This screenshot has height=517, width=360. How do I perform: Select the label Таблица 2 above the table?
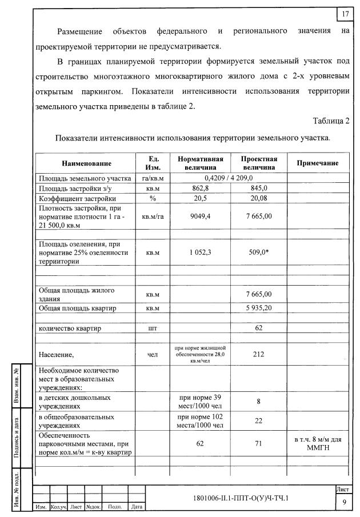pos(330,121)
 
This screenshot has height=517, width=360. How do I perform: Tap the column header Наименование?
pos(87,163)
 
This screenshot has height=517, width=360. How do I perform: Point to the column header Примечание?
pos(317,163)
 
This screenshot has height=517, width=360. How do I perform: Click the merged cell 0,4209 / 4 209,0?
pos(229,178)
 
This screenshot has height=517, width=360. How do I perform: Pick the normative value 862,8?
pos(200,188)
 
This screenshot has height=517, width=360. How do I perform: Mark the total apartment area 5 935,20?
pos(259,308)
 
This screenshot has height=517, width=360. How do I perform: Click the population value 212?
pos(259,354)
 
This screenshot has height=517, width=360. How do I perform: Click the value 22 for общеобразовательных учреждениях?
pos(259,420)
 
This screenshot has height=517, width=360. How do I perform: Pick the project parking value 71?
pos(259,443)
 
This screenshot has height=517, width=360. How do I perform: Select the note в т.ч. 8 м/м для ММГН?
pos(317,443)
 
